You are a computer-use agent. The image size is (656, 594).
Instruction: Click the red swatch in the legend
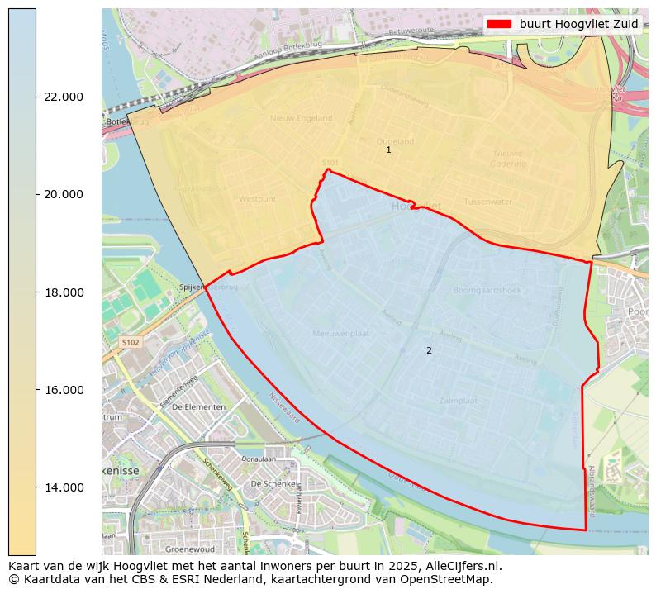coord(500,24)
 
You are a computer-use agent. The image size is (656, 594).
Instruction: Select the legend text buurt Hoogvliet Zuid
coord(578,24)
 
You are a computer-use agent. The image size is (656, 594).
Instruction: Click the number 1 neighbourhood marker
coord(388,150)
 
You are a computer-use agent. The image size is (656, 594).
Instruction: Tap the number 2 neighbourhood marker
coord(429,351)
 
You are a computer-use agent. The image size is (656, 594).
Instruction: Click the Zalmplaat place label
coord(459,401)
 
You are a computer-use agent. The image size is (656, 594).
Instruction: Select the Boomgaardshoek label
coord(486,290)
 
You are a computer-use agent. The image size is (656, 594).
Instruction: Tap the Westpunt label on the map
coord(256,200)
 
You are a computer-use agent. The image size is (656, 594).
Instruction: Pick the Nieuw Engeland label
coord(301,119)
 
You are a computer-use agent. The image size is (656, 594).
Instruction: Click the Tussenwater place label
coord(487,202)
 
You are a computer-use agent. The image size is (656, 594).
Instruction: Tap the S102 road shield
coord(131,342)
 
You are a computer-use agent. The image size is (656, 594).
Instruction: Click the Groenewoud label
coord(190,549)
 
